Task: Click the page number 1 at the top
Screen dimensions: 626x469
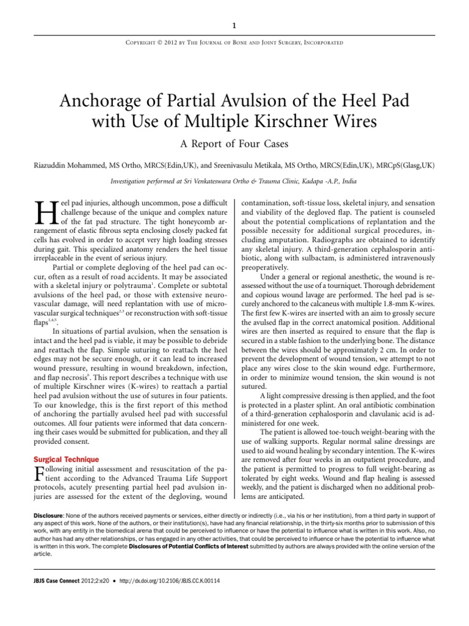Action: [x=234, y=26]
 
